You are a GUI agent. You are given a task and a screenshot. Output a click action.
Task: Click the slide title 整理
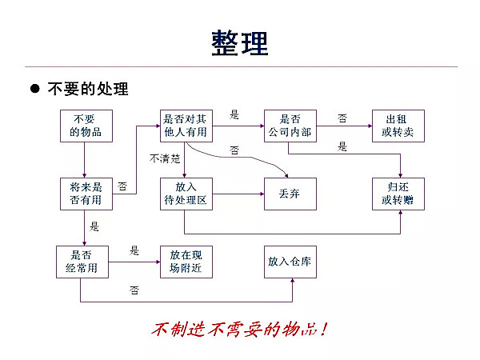(x=240, y=42)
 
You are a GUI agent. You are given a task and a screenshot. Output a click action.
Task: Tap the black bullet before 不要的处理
(x=34, y=88)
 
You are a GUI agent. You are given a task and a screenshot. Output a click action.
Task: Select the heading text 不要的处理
(x=88, y=88)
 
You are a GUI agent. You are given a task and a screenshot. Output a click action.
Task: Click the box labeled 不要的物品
(x=86, y=126)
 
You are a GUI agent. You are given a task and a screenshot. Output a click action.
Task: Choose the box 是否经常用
(x=81, y=262)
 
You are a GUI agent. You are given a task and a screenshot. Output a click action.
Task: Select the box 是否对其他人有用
(x=184, y=126)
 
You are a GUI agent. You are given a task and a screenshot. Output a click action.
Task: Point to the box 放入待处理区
(x=186, y=194)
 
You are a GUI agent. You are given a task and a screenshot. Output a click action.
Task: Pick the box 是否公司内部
(x=290, y=126)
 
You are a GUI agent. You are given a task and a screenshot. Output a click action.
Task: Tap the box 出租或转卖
(x=398, y=126)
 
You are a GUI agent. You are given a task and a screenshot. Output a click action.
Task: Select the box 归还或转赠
(x=398, y=194)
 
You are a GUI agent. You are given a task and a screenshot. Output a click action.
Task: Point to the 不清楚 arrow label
(x=165, y=158)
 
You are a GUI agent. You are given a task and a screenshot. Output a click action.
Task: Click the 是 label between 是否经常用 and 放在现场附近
(x=134, y=251)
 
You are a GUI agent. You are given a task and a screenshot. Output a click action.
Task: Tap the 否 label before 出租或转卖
(x=342, y=118)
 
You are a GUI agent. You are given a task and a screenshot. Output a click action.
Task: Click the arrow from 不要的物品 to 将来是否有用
(x=86, y=160)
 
